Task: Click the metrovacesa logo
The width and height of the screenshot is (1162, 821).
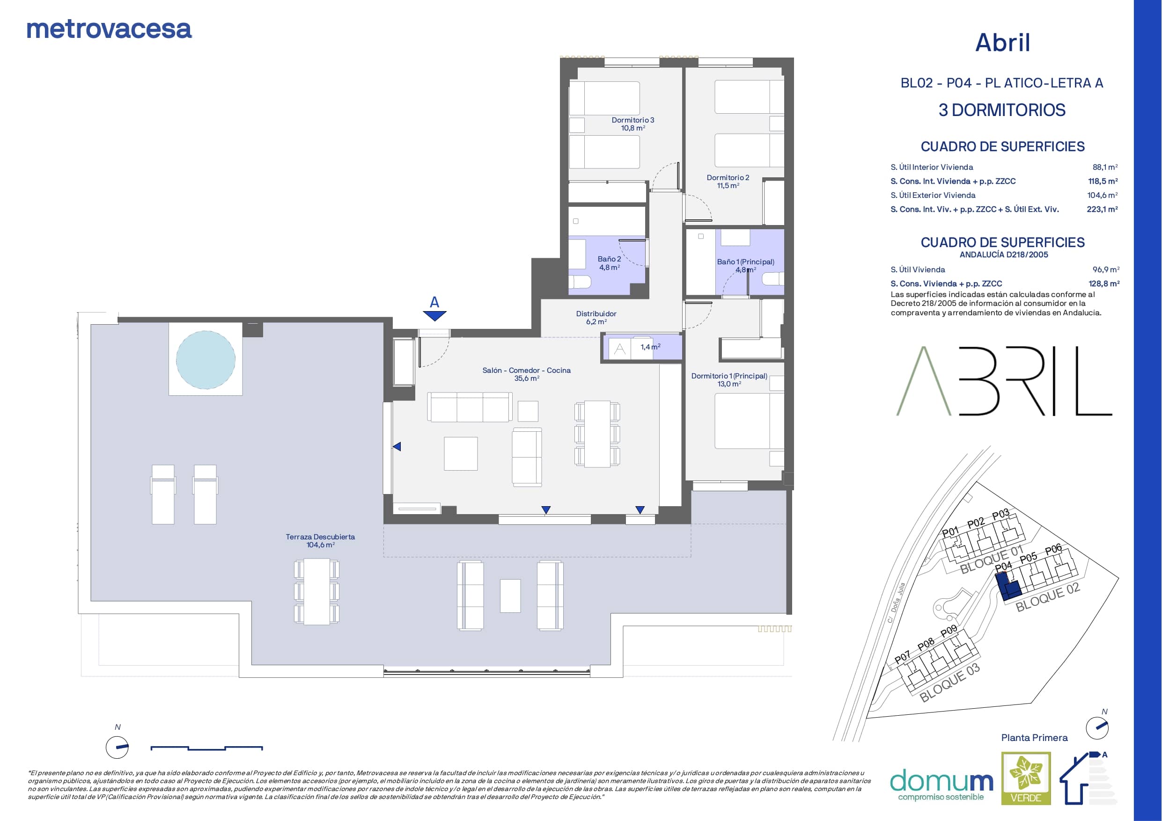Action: tap(109, 29)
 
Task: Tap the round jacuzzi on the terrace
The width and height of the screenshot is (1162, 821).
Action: tap(206, 360)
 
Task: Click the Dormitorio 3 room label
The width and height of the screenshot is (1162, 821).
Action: tap(632, 124)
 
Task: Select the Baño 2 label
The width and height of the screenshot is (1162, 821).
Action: tap(610, 263)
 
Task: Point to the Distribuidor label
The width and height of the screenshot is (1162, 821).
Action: tap(596, 318)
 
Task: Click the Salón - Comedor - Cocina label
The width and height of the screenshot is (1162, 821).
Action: tap(526, 374)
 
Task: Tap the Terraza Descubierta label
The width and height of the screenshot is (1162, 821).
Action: tap(320, 541)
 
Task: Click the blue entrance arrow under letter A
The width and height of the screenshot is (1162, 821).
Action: tap(435, 316)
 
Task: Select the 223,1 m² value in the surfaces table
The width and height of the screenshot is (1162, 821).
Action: tap(1102, 210)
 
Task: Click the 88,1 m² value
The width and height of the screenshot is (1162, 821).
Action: tap(1105, 167)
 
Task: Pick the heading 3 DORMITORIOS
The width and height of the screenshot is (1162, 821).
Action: tap(1002, 110)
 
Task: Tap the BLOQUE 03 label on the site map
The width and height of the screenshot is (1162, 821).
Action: tap(949, 683)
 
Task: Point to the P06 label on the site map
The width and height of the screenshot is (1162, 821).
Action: tap(1053, 549)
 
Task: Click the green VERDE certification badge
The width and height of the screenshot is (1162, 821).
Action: tap(1026, 778)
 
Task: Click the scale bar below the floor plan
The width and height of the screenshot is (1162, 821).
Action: tap(206, 748)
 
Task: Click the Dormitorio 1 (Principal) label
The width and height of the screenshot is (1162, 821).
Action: tap(729, 380)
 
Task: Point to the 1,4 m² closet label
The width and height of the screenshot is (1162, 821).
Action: tap(650, 347)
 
